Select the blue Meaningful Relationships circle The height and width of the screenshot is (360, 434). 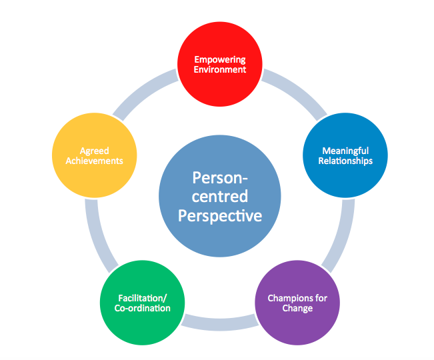click(345, 156)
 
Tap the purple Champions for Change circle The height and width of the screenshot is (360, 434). click(297, 302)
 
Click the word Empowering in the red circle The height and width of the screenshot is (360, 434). click(220, 59)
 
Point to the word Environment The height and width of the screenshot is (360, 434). click(220, 69)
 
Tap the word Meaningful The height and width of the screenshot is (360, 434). click(345, 151)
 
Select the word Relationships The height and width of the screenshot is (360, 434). click(345, 161)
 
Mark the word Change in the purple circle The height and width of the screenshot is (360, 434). click(297, 307)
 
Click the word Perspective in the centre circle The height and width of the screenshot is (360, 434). click(220, 216)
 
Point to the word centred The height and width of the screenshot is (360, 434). click(220, 197)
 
